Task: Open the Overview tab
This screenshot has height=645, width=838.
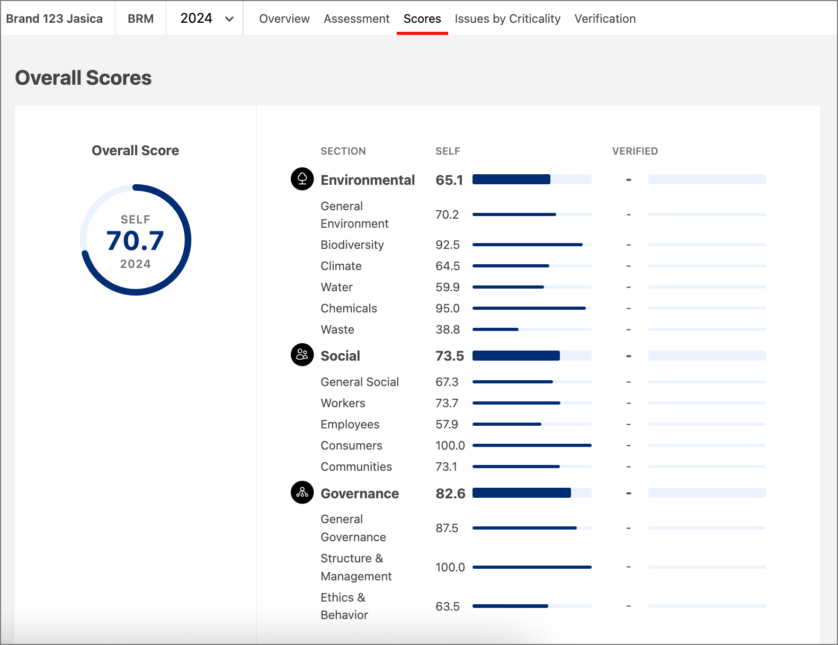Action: pyautogui.click(x=284, y=19)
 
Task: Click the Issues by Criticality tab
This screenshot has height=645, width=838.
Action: pyautogui.click(x=507, y=19)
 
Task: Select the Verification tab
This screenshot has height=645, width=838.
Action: pyautogui.click(x=604, y=19)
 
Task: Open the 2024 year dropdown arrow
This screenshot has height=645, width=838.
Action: pyautogui.click(x=229, y=19)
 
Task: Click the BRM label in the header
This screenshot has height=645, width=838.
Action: pyautogui.click(x=140, y=19)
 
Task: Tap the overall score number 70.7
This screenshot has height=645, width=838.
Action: pyautogui.click(x=135, y=241)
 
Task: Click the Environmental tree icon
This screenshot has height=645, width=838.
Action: pyautogui.click(x=302, y=179)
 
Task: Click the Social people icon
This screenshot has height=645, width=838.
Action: pyautogui.click(x=302, y=355)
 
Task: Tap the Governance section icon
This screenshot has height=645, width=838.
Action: pyautogui.click(x=302, y=492)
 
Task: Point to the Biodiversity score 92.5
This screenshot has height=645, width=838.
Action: pyautogui.click(x=447, y=245)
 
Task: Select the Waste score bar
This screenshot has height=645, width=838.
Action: pyautogui.click(x=531, y=329)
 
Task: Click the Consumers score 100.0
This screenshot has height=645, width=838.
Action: pyautogui.click(x=450, y=446)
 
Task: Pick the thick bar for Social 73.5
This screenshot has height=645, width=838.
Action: pyautogui.click(x=531, y=356)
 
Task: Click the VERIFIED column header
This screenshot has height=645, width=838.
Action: pyautogui.click(x=635, y=151)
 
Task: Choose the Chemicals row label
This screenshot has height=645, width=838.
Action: pyautogui.click(x=349, y=309)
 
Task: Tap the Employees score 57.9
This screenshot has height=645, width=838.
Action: pyautogui.click(x=447, y=425)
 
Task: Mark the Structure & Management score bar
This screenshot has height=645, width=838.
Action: pyautogui.click(x=531, y=567)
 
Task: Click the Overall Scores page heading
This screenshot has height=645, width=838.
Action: pyautogui.click(x=83, y=78)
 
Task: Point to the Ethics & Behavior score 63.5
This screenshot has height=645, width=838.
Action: pyautogui.click(x=447, y=607)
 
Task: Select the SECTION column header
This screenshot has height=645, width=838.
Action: pyautogui.click(x=343, y=151)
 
